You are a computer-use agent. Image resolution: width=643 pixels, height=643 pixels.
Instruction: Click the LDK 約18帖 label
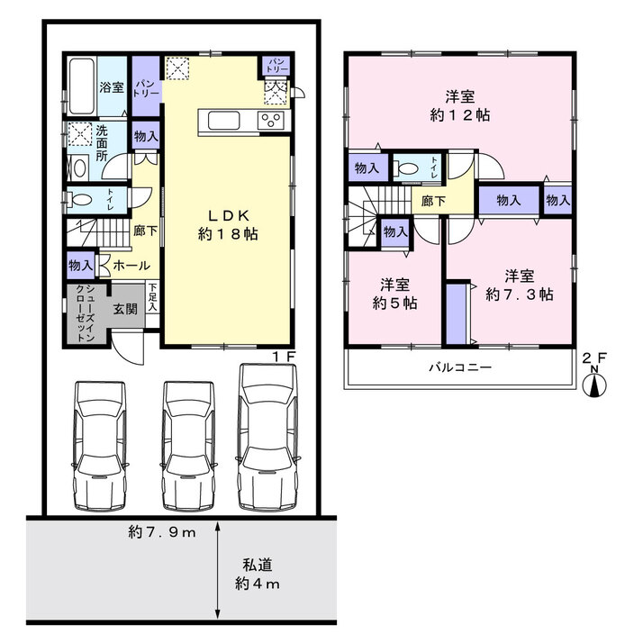(228, 225)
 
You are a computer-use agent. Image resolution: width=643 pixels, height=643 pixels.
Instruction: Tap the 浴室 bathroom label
(112, 87)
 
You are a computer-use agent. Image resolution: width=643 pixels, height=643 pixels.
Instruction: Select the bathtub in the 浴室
(82, 86)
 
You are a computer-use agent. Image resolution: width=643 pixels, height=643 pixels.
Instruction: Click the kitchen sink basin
(224, 121)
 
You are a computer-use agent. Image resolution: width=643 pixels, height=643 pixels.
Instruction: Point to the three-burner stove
(271, 121)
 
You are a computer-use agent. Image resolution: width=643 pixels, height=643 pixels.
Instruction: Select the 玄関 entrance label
(125, 309)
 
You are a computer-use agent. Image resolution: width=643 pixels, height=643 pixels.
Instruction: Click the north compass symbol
(594, 384)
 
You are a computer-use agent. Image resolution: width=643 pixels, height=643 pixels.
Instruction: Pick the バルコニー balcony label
(460, 367)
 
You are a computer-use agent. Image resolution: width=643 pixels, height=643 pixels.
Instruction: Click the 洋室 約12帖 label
(460, 105)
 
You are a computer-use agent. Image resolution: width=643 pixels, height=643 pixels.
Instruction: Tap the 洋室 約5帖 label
(395, 294)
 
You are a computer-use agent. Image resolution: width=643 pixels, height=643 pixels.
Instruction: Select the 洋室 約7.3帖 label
(520, 285)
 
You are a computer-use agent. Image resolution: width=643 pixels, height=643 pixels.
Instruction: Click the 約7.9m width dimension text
(162, 532)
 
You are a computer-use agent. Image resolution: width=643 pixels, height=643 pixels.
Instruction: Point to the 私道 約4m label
(258, 575)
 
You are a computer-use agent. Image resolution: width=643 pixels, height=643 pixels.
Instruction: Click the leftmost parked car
(100, 447)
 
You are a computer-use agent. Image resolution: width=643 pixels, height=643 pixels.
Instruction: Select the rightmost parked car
(268, 437)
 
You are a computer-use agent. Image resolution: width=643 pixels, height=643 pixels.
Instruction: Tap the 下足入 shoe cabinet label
(152, 296)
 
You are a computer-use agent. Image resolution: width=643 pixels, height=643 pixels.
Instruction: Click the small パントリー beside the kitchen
(277, 66)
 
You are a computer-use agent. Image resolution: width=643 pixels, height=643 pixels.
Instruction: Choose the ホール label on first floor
(131, 266)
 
